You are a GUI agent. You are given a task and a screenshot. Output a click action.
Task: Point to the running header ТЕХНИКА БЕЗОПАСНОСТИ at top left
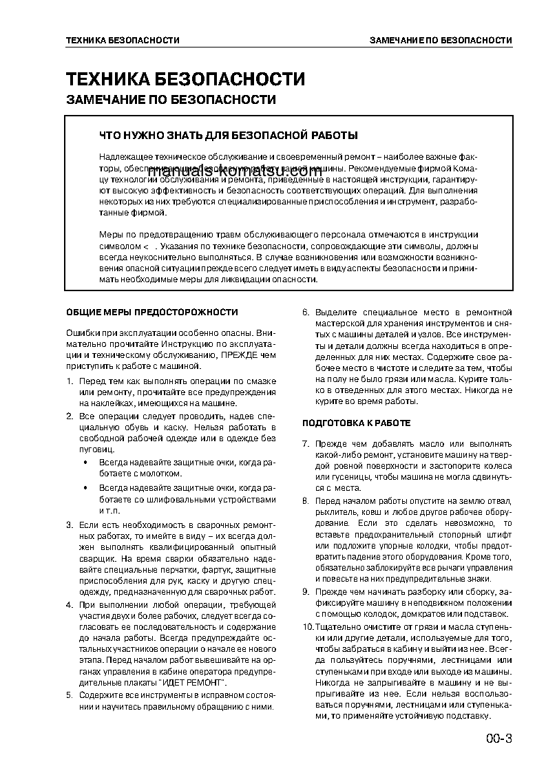click(123, 41)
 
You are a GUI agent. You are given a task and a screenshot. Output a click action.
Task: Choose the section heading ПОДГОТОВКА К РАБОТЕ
click(357, 423)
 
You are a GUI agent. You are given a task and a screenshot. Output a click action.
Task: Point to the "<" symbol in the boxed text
click(145, 246)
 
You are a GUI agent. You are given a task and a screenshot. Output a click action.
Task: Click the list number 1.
click(69, 381)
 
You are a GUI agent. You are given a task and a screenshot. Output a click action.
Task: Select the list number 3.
click(69, 525)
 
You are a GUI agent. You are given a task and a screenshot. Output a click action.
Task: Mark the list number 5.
click(69, 695)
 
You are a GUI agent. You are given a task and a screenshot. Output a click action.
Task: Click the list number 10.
click(308, 628)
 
